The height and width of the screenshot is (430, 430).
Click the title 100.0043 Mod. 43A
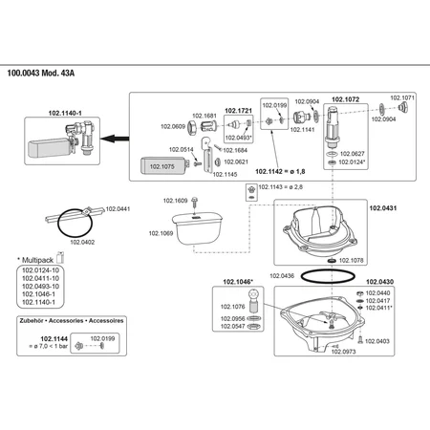click(x=41, y=74)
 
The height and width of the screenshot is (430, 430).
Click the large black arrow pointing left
click(x=115, y=139)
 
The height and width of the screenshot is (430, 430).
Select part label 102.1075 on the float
click(x=162, y=166)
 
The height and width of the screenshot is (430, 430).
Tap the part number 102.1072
click(x=346, y=99)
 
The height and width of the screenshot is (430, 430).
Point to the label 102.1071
click(x=402, y=97)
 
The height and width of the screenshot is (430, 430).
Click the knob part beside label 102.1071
click(x=403, y=107)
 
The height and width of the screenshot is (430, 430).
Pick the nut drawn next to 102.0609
click(x=191, y=128)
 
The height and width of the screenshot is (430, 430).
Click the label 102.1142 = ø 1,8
click(x=280, y=171)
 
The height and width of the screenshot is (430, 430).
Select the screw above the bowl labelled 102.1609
click(x=195, y=203)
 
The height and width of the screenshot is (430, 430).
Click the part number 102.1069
click(x=161, y=233)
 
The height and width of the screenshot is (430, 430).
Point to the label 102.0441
click(x=118, y=209)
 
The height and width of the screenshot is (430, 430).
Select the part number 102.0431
click(x=383, y=208)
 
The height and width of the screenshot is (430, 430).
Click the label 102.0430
click(x=379, y=282)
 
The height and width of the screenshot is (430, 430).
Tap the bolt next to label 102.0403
click(x=360, y=340)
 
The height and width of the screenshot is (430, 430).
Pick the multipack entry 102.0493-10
click(x=40, y=287)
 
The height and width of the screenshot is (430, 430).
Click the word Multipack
click(x=37, y=260)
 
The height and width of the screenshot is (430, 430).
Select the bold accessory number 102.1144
click(x=54, y=339)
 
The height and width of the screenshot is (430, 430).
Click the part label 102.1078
click(x=351, y=261)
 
